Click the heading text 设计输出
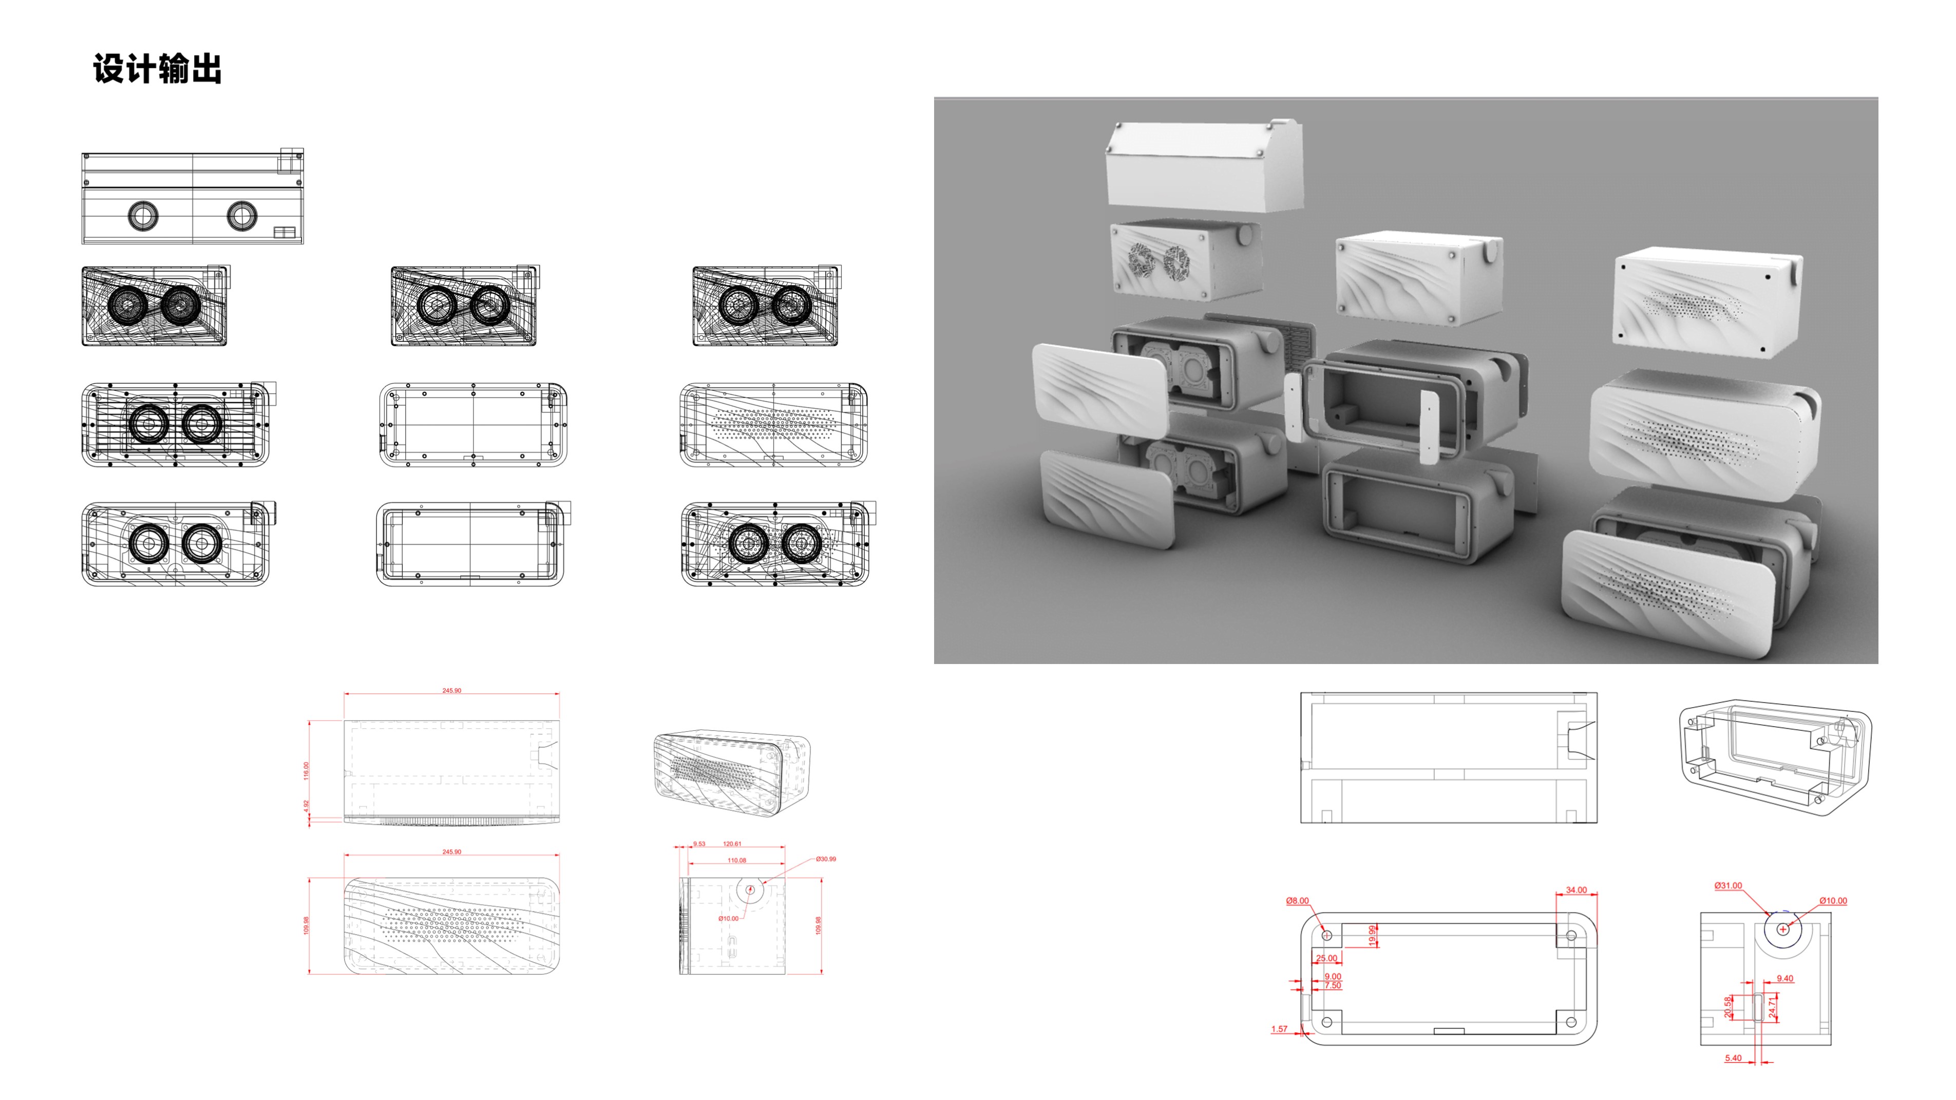(157, 69)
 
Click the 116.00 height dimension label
(307, 770)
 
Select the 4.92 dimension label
(307, 805)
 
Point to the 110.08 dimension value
(736, 860)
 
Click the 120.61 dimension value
(731, 843)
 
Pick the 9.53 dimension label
(698, 843)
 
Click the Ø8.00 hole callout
(1297, 900)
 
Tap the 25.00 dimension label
(1326, 958)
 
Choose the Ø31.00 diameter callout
(1727, 885)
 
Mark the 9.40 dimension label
(1784, 978)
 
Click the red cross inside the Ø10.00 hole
(1783, 928)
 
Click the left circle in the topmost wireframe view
(143, 216)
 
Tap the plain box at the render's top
(1204, 167)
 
